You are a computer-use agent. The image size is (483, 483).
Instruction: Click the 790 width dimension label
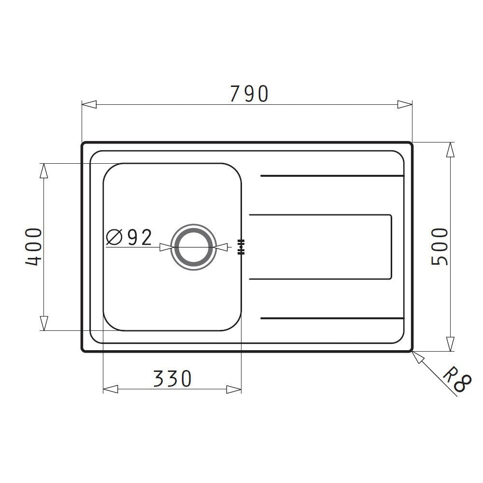pos(248,94)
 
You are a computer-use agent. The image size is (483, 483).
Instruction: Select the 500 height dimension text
pos(440,246)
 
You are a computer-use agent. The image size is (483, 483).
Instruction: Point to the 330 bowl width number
pos(172,378)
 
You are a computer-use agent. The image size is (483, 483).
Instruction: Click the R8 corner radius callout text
pos(455,380)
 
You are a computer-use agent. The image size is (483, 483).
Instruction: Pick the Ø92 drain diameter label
pos(129,237)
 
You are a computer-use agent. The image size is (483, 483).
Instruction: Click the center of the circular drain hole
pos(193,247)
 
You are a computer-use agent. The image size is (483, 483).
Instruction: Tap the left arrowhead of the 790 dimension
pos(89,104)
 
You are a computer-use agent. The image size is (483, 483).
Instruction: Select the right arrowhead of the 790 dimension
pos(405,104)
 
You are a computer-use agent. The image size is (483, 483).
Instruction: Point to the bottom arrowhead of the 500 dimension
pos(450,344)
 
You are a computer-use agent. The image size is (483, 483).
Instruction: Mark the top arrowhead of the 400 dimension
pos(44,170)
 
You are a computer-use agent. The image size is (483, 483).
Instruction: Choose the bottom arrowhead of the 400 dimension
pos(44,323)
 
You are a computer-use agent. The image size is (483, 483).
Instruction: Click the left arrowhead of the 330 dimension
pos(111,389)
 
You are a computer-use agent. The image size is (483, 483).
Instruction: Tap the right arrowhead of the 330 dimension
pos(234,389)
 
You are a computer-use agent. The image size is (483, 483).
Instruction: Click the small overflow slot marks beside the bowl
pos(241,246)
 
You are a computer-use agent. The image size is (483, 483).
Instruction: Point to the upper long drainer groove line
pos(332,176)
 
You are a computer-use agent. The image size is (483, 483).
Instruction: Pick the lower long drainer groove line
pos(332,318)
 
